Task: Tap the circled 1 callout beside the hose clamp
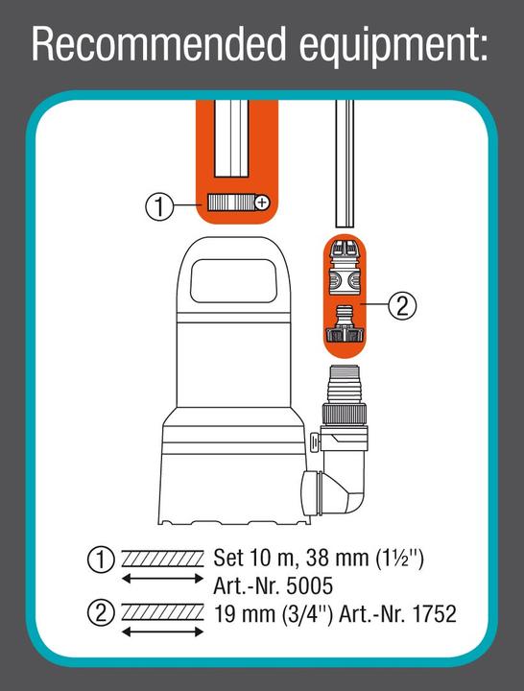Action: coord(159,203)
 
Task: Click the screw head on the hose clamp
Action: coord(261,203)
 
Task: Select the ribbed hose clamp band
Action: coord(229,203)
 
